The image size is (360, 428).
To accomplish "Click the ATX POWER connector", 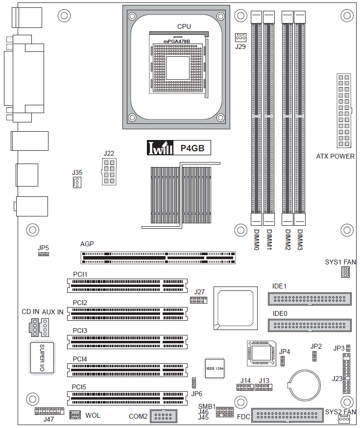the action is click(344, 111).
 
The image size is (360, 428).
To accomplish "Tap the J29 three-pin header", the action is click(240, 37).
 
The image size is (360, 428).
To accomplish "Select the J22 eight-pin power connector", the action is click(109, 172).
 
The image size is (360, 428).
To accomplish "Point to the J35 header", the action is click(77, 182).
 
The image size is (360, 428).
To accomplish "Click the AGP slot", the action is click(158, 258).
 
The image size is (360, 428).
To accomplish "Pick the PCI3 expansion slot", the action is click(127, 342).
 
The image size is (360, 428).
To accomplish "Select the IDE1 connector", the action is click(310, 299).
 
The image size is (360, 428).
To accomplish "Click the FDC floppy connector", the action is click(288, 415).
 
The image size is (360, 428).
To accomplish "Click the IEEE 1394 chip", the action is click(215, 368).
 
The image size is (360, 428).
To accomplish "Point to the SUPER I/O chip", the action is click(42, 358).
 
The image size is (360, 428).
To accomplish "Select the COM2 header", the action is click(164, 416).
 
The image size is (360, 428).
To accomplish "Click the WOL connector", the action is click(75, 415).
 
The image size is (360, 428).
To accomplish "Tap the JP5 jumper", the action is click(44, 254).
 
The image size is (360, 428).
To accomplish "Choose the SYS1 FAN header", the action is click(345, 272).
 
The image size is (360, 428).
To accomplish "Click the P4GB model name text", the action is click(192, 148).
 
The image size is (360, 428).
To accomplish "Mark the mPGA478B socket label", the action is click(177, 42).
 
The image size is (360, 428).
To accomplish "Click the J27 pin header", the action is click(198, 300).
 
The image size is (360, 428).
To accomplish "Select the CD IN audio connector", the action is click(34, 327).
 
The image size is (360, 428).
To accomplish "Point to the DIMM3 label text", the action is click(300, 239).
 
